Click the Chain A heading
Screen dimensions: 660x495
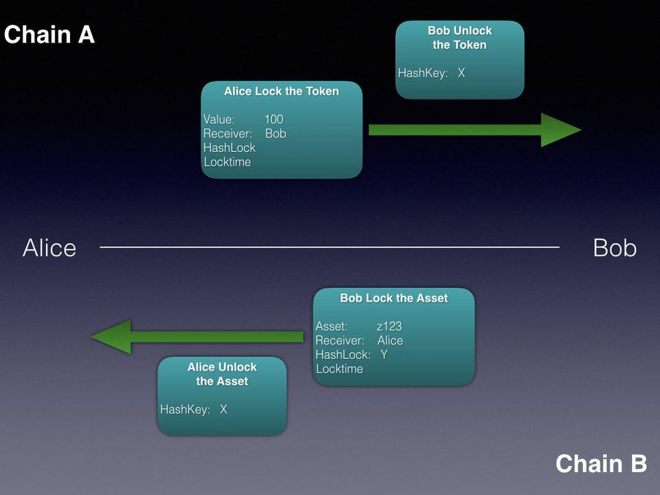[49, 34]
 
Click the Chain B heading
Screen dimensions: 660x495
[601, 463]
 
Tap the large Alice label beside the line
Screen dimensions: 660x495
[49, 247]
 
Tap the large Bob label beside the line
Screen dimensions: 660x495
[615, 247]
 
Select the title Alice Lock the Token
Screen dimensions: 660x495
[281, 91]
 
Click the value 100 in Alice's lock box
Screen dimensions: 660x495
[274, 119]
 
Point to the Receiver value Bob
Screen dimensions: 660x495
[276, 133]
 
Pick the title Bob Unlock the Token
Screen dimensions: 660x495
[460, 37]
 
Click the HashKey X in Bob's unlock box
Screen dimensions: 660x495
[461, 73]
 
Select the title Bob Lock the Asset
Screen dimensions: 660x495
[393, 298]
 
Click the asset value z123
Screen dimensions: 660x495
[389, 326]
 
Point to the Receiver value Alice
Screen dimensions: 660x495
[390, 340]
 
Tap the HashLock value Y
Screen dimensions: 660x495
[384, 355]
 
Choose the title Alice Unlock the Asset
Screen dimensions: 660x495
[222, 374]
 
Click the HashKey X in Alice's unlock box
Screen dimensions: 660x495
[223, 409]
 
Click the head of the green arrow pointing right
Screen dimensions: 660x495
[561, 130]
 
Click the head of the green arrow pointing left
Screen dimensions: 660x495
[111, 336]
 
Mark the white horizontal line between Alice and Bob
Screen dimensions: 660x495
[329, 247]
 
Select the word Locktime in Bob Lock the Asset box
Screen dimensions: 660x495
[339, 368]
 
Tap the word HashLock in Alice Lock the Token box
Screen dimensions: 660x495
[230, 148]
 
